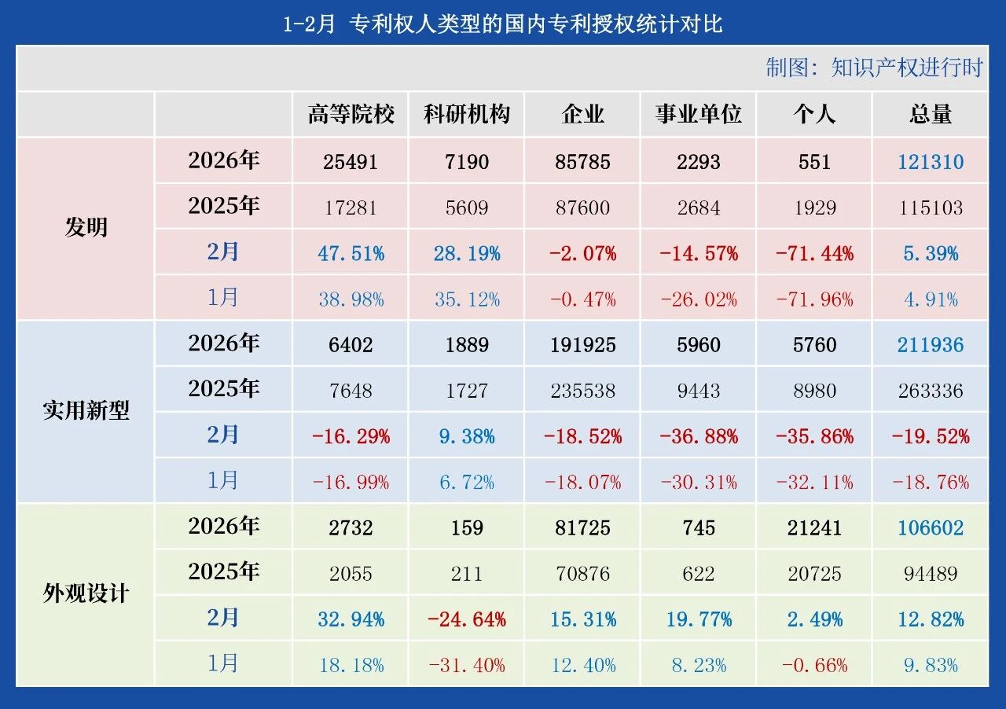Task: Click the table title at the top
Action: [x=503, y=24]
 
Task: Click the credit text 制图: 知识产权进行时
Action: [x=874, y=68]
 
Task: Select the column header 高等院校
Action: [x=351, y=115]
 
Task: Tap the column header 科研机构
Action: [x=467, y=115]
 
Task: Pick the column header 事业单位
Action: [x=699, y=115]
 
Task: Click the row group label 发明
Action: [x=86, y=228]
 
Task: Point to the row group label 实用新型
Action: [x=86, y=410]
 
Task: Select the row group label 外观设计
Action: [x=86, y=593]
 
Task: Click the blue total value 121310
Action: [x=931, y=162]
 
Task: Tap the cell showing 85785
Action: [x=582, y=162]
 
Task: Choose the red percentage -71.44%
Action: [x=814, y=253]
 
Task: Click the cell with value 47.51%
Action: [x=351, y=253]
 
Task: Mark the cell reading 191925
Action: [x=582, y=344]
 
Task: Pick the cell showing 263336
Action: [x=931, y=390]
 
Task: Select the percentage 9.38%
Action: [x=467, y=435]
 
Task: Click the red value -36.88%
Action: [x=699, y=435]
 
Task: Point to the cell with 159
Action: [x=467, y=527]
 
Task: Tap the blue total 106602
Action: [x=931, y=527]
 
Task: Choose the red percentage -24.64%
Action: [x=467, y=619]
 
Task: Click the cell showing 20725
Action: [x=814, y=574]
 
